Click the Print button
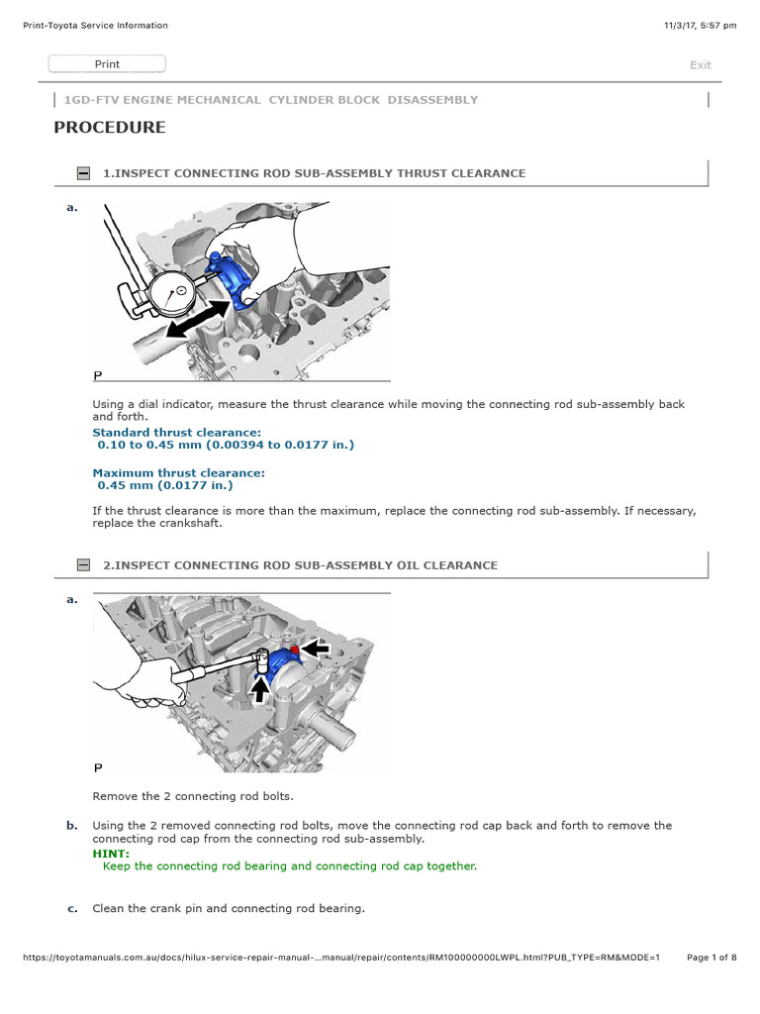(x=107, y=64)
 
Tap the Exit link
(x=700, y=65)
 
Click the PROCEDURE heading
(x=110, y=128)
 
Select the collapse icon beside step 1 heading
(x=83, y=173)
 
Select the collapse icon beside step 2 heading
(x=83, y=565)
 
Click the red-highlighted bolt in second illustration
(x=294, y=649)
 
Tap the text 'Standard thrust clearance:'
(x=177, y=433)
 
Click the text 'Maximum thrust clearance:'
(x=178, y=473)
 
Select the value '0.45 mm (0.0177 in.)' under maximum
(x=164, y=485)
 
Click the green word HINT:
(x=111, y=853)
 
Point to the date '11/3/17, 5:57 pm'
(x=701, y=26)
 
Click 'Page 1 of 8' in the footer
(x=711, y=958)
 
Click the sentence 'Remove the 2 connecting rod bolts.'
(x=193, y=796)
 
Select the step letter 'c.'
(x=71, y=908)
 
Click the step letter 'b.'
(x=71, y=825)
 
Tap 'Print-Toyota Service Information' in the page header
(x=95, y=26)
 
